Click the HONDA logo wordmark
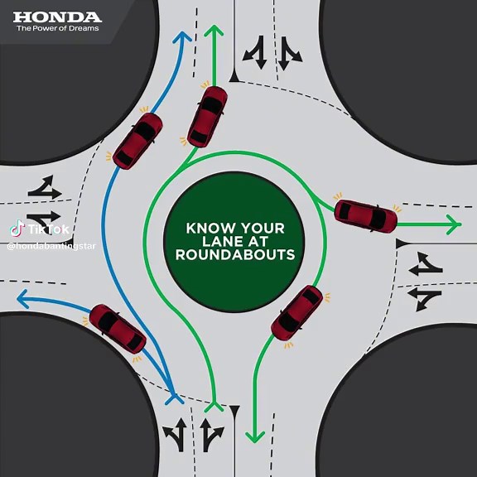(x=57, y=17)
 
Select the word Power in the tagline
(x=45, y=29)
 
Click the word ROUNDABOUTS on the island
(x=235, y=255)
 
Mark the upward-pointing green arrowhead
(x=214, y=31)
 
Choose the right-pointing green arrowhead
(x=453, y=223)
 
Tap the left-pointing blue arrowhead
(x=22, y=298)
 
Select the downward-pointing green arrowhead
(x=254, y=436)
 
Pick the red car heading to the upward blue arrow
(x=137, y=141)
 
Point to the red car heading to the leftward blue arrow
(x=118, y=328)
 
